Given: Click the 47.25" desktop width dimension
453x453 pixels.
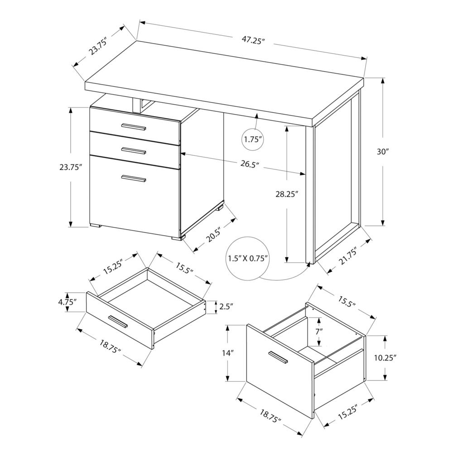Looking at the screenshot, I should tap(253, 40).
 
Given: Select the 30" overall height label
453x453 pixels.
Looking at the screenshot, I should tap(383, 152).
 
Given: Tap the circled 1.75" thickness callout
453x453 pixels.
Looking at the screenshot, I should tap(253, 139).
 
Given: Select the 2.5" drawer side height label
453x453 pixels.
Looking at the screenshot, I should tap(226, 307).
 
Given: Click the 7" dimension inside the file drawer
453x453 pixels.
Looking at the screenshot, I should tap(319, 331).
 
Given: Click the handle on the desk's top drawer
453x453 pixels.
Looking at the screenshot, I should tap(134, 126).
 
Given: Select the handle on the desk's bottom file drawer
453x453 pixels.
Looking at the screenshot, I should tap(134, 178).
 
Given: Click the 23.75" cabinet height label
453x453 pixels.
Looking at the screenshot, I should tap(70, 167).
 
